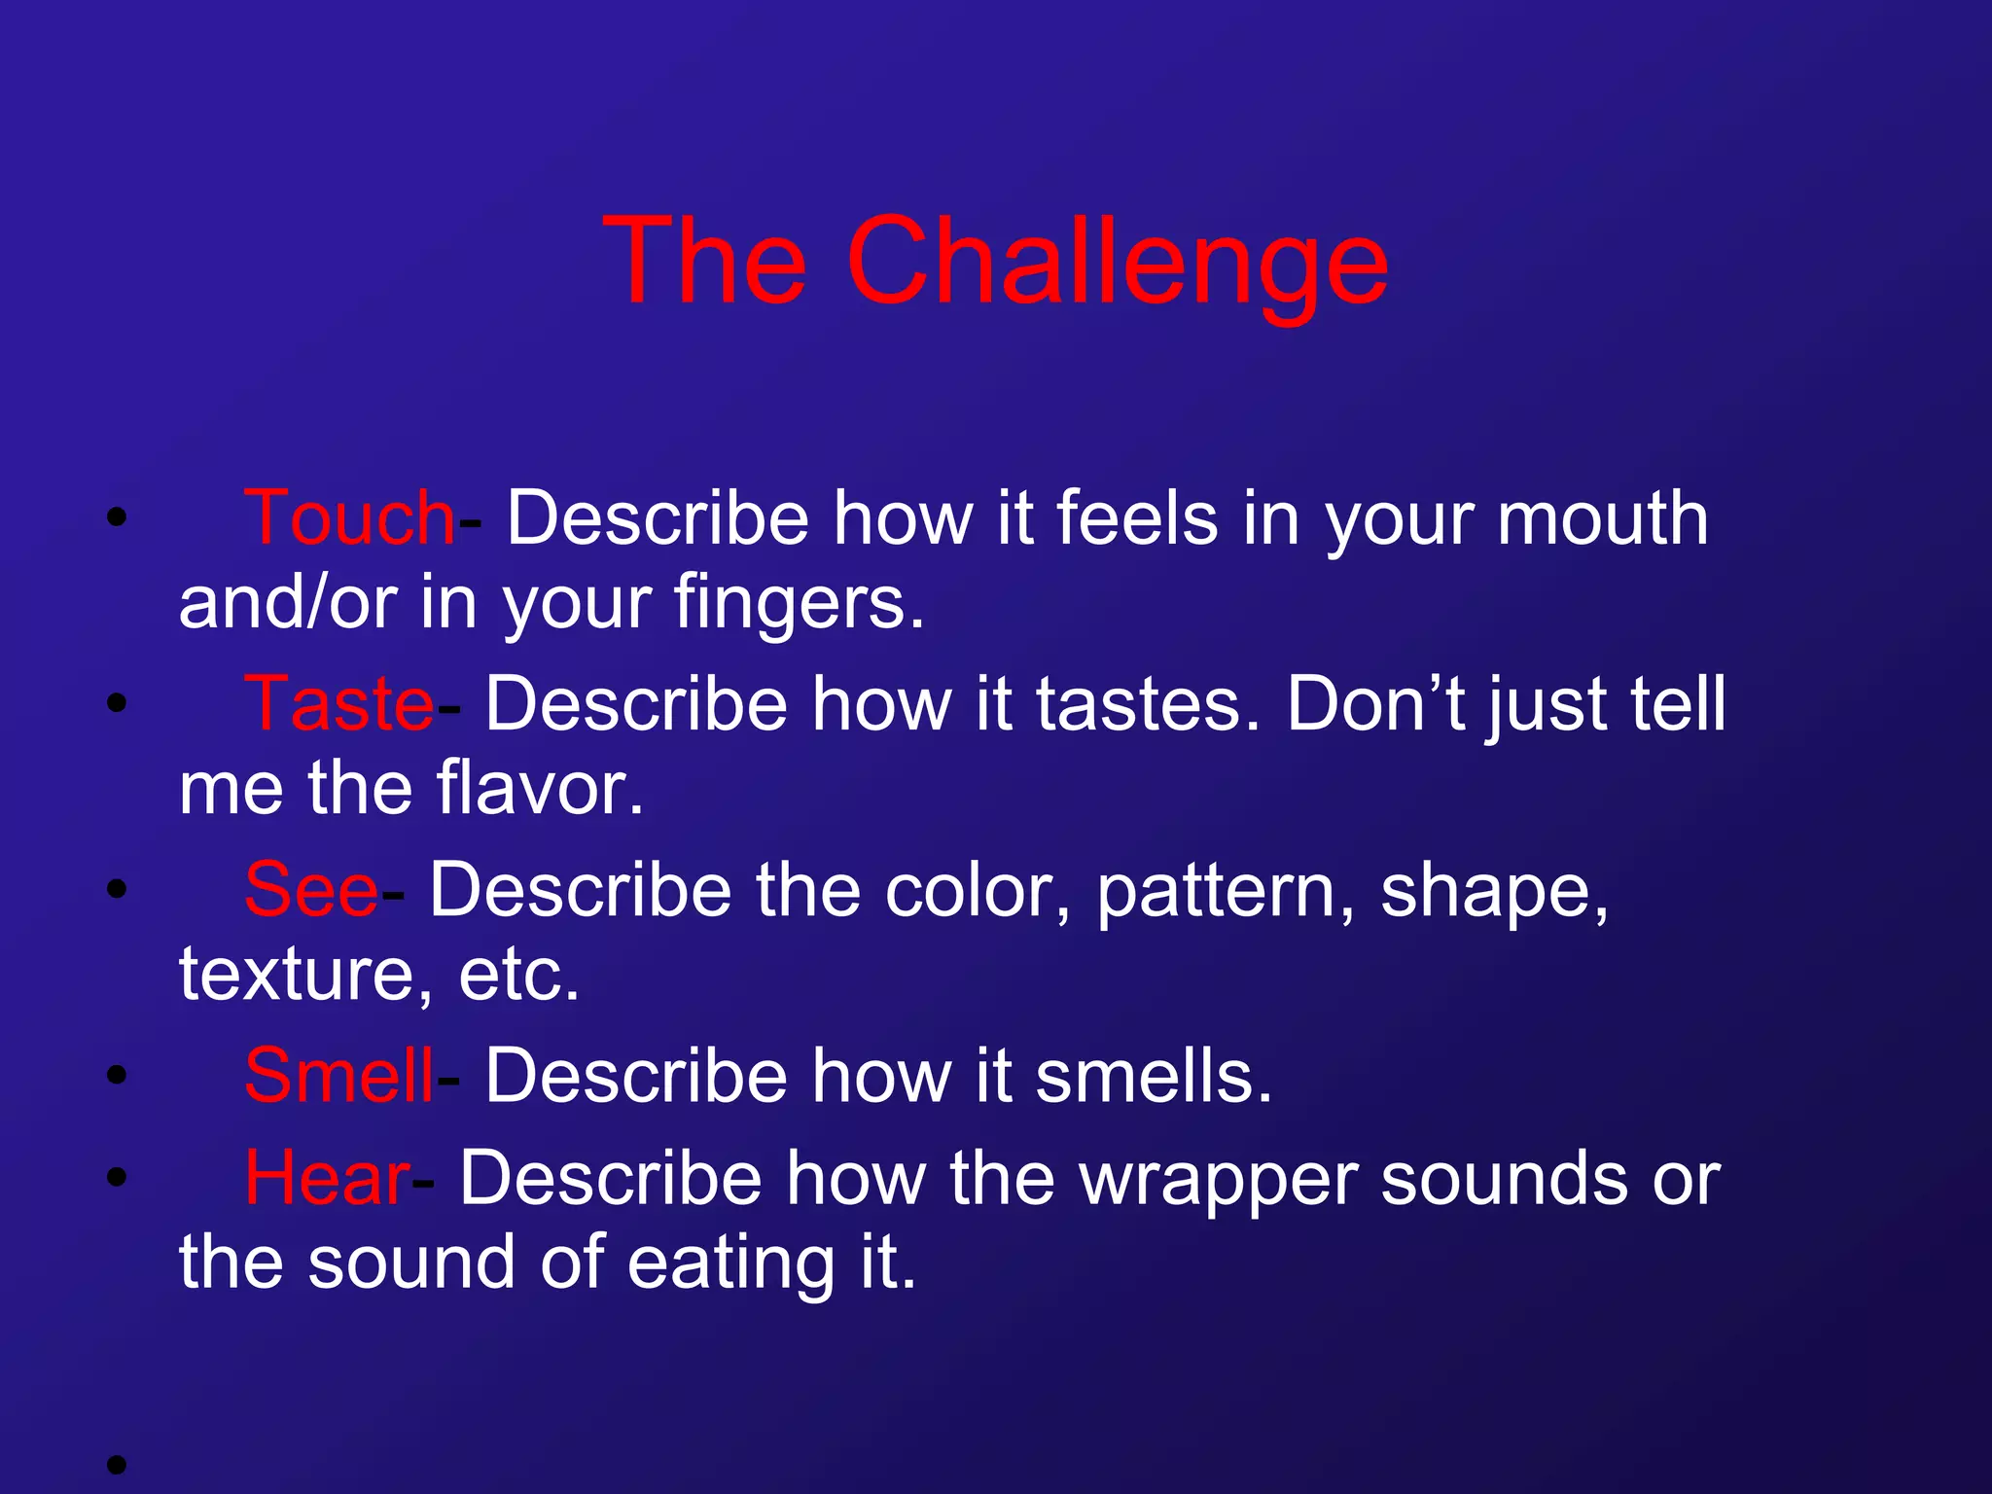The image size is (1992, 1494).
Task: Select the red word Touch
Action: pos(348,518)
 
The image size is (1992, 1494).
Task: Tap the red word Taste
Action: pos(338,704)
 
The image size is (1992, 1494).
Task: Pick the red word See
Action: pos(310,890)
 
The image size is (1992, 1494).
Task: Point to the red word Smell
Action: pos(338,1077)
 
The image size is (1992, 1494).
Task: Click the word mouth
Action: pos(1602,518)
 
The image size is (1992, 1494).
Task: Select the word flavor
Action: pos(539,788)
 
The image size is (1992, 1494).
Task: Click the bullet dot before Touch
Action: pos(117,517)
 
